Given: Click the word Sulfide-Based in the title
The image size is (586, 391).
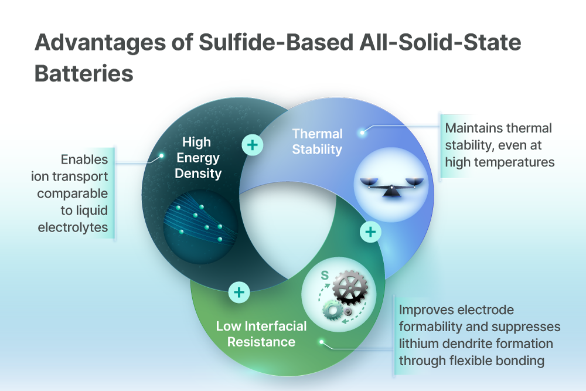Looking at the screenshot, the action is coord(276,42).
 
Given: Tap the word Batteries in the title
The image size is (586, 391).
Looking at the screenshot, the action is coord(84,73).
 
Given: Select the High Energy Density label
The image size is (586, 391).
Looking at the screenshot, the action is coord(197,158).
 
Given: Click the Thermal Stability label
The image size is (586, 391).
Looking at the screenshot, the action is coord(317,142).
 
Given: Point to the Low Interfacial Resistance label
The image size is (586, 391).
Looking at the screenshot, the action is coord(261,334).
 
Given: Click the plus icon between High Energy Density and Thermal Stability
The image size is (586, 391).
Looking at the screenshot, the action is coord(252,145).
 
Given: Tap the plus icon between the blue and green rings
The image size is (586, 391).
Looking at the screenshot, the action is coord(370,232).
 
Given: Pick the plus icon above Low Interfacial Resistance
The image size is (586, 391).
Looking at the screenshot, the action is coord(239,293).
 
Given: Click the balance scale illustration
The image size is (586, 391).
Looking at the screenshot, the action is coord(391,186).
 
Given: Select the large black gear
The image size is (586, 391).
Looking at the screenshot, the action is coord(350,287).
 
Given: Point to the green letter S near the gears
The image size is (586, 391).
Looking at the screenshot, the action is coord(325,276).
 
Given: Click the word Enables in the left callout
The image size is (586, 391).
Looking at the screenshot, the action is coord(84,159).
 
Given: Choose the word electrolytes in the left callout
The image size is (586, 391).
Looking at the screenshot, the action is coord(73,227).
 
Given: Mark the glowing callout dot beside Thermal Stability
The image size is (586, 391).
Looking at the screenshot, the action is coord(362,132).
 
